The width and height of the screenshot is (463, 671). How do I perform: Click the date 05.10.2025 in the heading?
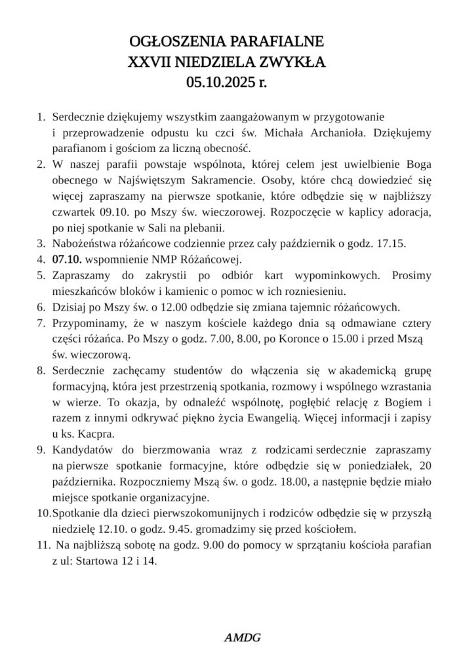[x=221, y=83]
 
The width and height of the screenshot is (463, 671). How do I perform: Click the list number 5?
[x=41, y=275]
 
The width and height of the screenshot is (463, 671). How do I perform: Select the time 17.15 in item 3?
[x=393, y=243]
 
